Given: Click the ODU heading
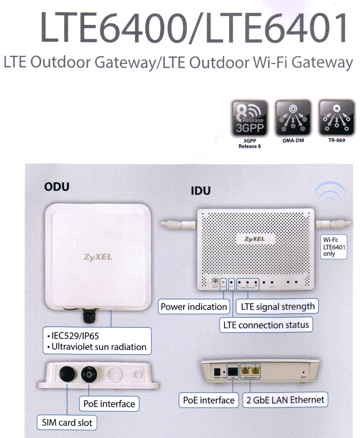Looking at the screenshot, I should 56,187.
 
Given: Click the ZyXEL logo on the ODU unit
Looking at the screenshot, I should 98,257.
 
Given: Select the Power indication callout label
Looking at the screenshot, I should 194,307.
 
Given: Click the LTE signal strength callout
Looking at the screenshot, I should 277,307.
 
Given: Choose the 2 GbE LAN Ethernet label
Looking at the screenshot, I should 285,400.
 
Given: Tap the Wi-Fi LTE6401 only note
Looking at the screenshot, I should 334,247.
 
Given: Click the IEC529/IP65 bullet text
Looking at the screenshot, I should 75,335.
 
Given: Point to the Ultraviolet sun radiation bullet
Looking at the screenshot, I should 98,347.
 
